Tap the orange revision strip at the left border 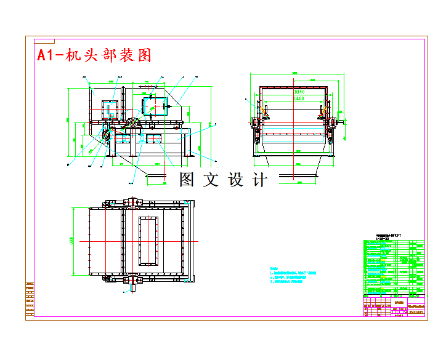click(x=30, y=299)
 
